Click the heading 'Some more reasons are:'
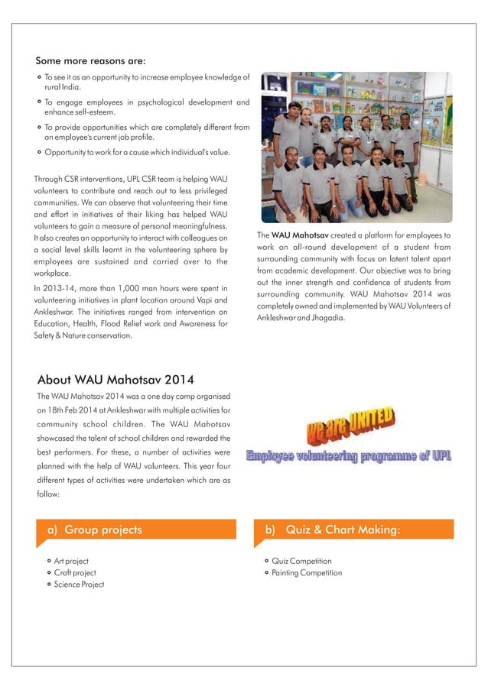tap(90, 60)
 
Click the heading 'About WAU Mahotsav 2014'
tap(115, 379)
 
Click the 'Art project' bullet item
tap(71, 561)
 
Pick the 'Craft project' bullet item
tap(75, 572)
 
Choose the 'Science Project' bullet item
tap(79, 585)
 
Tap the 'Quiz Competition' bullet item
tap(301, 561)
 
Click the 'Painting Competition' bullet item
tap(307, 572)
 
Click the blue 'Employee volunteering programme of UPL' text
tap(348, 457)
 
